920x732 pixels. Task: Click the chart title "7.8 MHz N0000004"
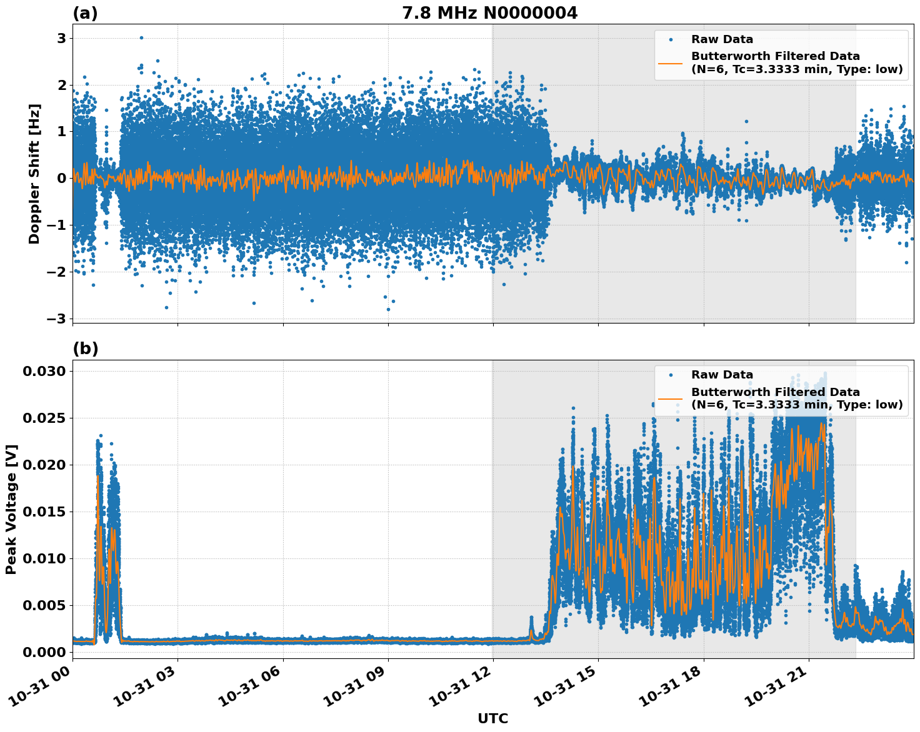click(x=489, y=13)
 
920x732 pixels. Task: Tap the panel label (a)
click(x=85, y=13)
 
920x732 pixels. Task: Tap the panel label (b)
click(x=85, y=349)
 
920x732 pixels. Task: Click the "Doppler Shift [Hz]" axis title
click(x=34, y=174)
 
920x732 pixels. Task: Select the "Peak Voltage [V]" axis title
click(x=11, y=509)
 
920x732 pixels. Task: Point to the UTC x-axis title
click(x=492, y=718)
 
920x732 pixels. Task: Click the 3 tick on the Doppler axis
click(x=62, y=39)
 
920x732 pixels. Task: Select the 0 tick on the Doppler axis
click(x=62, y=179)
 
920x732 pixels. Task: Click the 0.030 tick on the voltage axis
click(x=44, y=372)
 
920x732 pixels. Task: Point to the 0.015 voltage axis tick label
click(x=44, y=512)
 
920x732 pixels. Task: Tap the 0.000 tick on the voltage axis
click(x=44, y=652)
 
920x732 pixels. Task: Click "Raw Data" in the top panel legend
click(x=722, y=40)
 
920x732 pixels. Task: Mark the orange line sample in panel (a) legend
click(x=670, y=62)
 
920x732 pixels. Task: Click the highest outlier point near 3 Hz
click(x=141, y=37)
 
